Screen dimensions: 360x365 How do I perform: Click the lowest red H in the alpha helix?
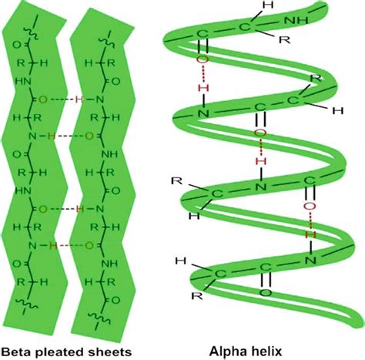click(x=310, y=230)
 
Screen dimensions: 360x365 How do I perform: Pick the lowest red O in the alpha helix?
click(x=309, y=206)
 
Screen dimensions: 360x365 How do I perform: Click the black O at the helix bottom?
click(x=266, y=294)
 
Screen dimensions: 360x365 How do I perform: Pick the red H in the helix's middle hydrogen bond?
click(x=261, y=161)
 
